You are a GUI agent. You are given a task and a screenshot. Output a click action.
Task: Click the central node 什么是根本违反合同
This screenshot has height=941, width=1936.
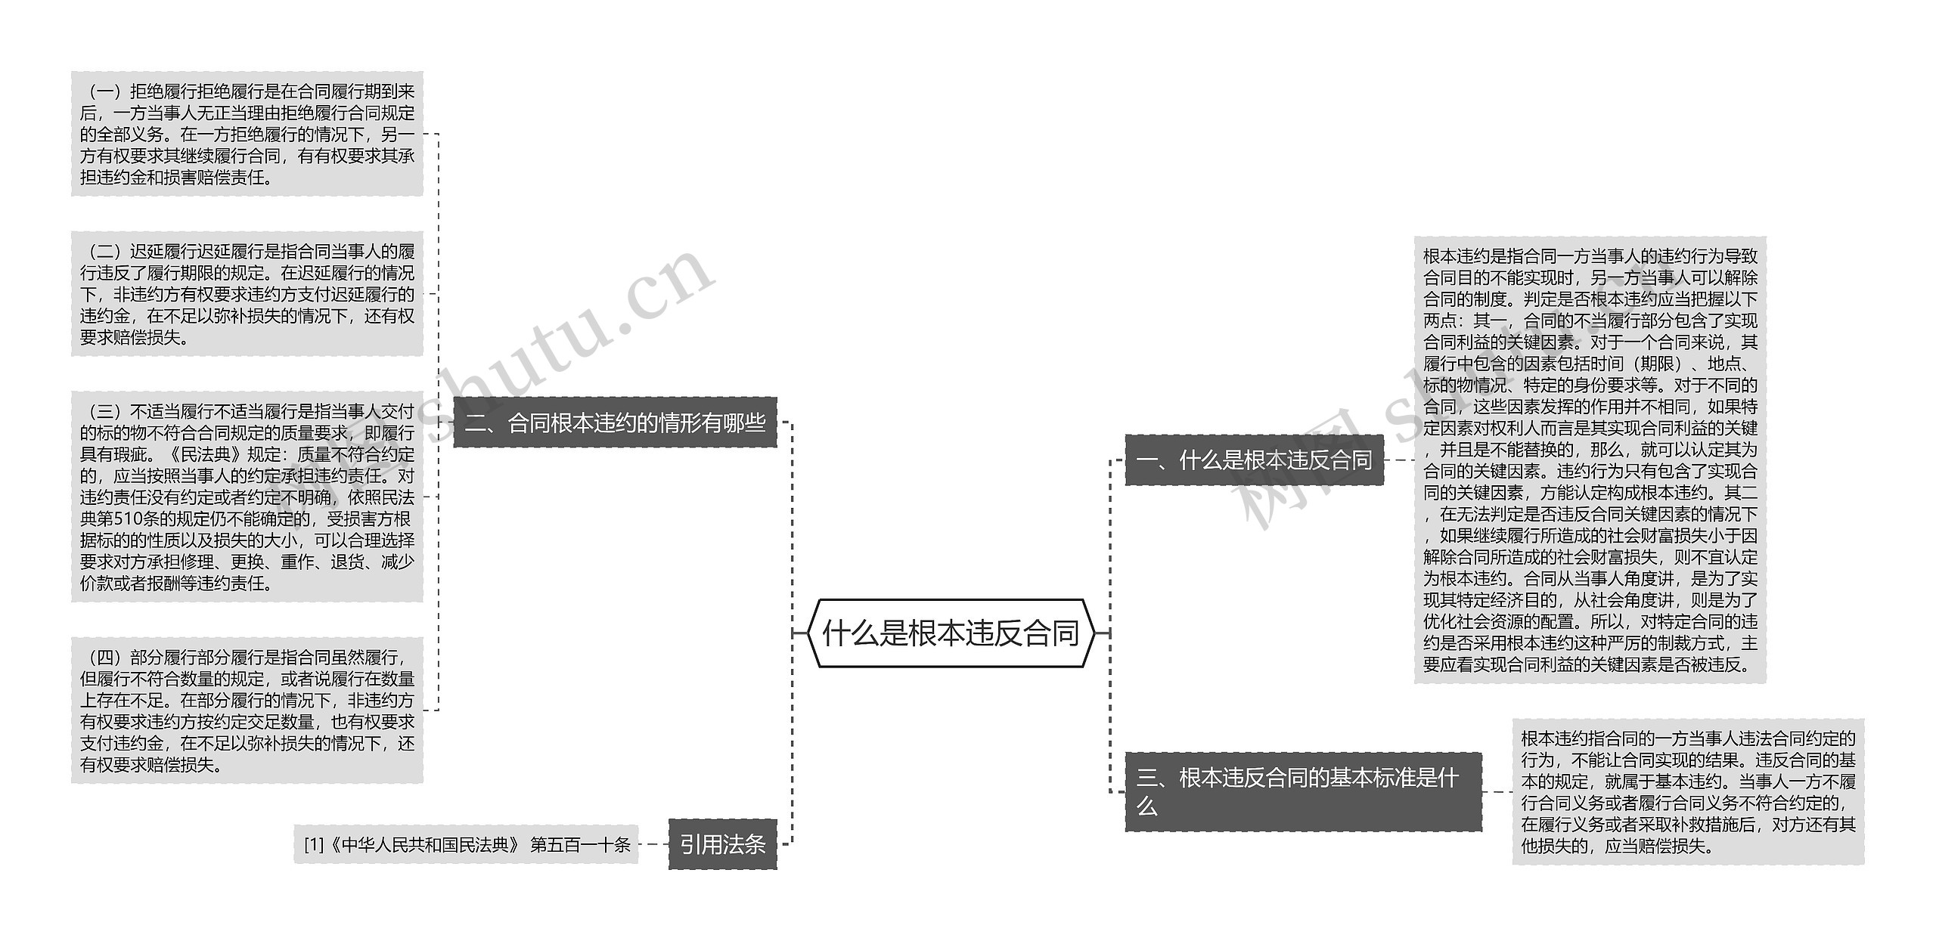click(950, 633)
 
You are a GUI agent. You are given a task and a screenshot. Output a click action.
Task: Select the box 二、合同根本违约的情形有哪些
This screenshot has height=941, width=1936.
click(615, 423)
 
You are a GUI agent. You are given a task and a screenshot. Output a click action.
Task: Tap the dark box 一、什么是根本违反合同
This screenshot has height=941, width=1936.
click(1254, 460)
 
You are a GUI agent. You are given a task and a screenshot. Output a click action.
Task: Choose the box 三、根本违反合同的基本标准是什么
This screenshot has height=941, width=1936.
click(1302, 791)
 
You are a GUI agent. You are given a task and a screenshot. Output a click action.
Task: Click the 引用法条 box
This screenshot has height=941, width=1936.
click(722, 844)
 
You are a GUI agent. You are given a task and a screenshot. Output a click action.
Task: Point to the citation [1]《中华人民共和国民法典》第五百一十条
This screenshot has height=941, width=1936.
click(467, 844)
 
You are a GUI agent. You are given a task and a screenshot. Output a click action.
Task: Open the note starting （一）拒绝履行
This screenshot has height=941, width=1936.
click(247, 134)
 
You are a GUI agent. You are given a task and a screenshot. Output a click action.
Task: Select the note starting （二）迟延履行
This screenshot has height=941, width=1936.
click(247, 294)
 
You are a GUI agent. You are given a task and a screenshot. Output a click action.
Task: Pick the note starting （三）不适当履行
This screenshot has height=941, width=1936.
click(247, 497)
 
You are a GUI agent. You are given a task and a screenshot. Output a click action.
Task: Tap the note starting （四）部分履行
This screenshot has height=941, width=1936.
click(247, 710)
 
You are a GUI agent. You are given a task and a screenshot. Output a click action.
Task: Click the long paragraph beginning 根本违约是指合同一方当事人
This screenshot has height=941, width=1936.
click(1590, 460)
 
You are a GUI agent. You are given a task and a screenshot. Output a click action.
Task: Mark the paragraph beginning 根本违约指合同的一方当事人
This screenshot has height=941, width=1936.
click(1688, 791)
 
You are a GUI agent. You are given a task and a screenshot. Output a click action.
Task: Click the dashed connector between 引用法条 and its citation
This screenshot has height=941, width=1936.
click(654, 844)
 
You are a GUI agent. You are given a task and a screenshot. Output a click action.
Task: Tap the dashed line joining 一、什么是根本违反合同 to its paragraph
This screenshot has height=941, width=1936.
click(1399, 460)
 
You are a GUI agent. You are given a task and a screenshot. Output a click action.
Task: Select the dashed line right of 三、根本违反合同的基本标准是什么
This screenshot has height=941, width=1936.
click(1497, 791)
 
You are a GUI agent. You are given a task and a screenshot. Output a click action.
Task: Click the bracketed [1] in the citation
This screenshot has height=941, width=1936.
click(313, 844)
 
